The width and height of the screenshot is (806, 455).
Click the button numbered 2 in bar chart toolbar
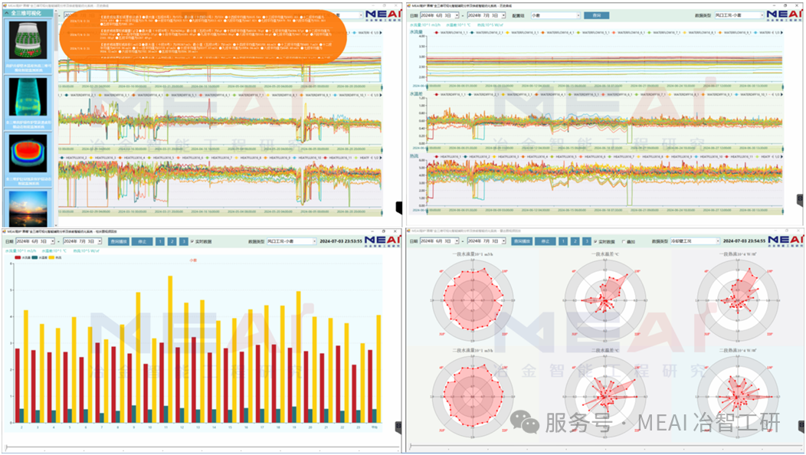point(172,241)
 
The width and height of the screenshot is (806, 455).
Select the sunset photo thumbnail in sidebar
point(28,208)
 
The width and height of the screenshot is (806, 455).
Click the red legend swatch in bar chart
point(18,258)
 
